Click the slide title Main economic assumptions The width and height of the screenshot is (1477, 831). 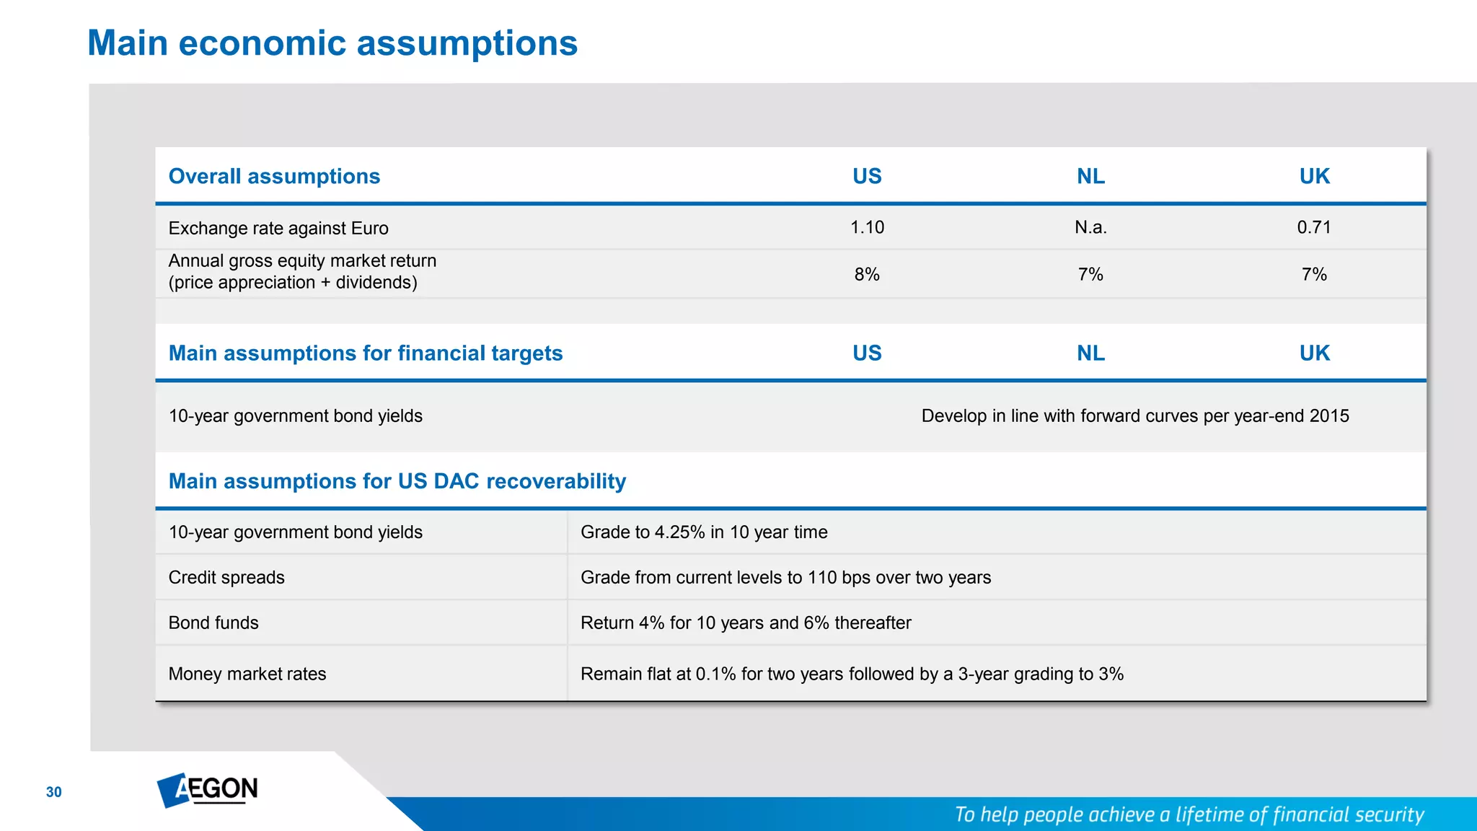(x=332, y=43)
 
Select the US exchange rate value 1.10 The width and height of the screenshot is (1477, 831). (x=867, y=227)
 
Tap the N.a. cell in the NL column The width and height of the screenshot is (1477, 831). (x=1090, y=227)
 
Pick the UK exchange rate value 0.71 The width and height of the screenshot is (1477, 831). (x=1314, y=227)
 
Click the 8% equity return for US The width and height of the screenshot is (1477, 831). (x=867, y=274)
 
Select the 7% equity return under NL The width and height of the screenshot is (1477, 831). (x=1090, y=274)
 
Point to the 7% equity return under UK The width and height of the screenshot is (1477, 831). (x=1314, y=274)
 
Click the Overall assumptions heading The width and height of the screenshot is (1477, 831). (x=274, y=176)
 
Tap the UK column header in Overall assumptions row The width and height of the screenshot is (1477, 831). (x=1314, y=176)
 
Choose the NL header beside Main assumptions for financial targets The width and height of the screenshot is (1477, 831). (x=1090, y=353)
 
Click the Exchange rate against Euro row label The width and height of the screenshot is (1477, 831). (x=278, y=228)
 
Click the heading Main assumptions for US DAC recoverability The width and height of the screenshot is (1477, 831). (x=397, y=481)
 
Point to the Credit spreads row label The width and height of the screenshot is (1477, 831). (x=226, y=577)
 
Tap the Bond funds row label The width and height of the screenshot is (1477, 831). (x=213, y=623)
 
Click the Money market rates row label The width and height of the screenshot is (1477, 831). (x=247, y=674)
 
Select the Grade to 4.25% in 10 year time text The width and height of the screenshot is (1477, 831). (x=704, y=532)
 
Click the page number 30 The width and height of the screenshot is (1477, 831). (x=54, y=792)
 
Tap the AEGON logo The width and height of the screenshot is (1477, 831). (x=208, y=790)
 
